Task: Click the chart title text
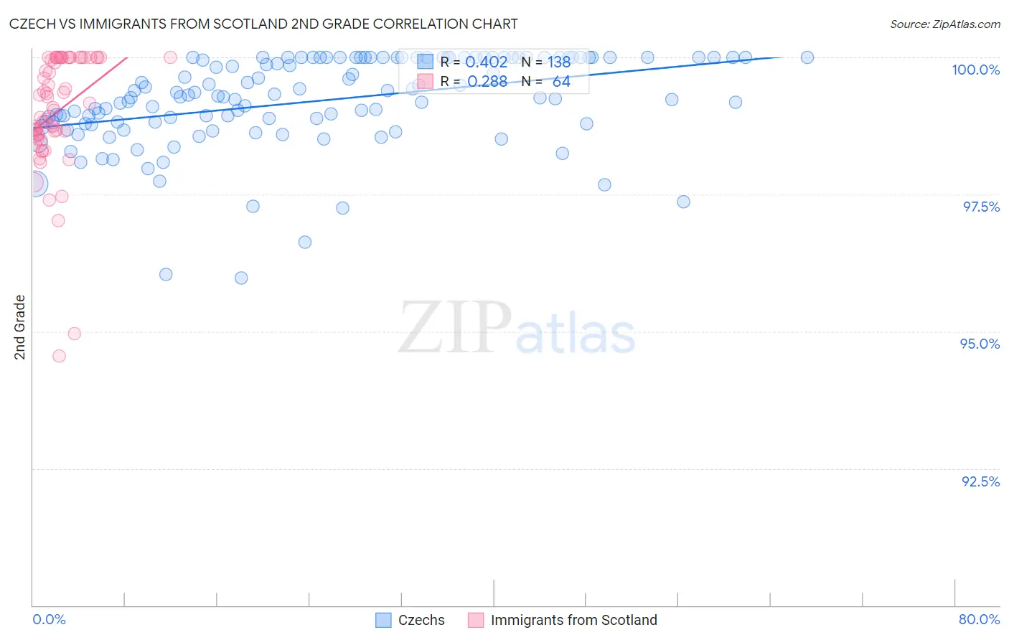(263, 24)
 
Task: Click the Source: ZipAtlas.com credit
(944, 24)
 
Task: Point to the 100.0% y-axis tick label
(975, 70)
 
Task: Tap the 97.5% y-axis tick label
(980, 207)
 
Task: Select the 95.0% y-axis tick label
(980, 344)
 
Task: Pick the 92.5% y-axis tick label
(980, 481)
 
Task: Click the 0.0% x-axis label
(49, 619)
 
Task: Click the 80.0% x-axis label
(979, 619)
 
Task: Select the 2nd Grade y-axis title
(20, 326)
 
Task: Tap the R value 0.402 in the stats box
(486, 62)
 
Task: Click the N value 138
(559, 62)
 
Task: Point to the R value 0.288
(487, 82)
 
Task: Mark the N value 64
(561, 82)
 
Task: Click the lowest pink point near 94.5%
(59, 356)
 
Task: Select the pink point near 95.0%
(74, 334)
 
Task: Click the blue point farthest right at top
(807, 57)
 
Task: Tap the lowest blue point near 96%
(241, 278)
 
